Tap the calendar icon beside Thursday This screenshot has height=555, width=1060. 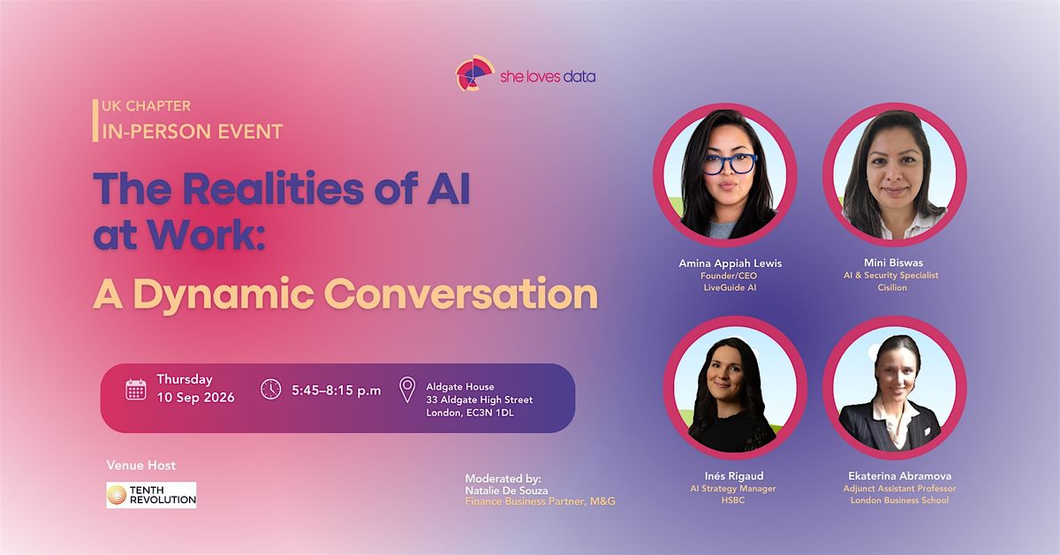click(136, 390)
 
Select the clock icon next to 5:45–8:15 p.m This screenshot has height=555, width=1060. click(270, 389)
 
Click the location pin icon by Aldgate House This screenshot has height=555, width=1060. click(407, 390)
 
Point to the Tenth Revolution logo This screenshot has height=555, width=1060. click(151, 495)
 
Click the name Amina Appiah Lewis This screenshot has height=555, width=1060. click(731, 263)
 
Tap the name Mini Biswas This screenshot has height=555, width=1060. click(893, 262)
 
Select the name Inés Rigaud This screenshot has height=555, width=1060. click(734, 476)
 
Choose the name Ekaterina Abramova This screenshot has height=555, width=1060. click(899, 476)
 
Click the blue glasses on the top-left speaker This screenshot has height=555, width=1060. click(730, 163)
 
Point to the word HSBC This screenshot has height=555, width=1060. click(733, 500)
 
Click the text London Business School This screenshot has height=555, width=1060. click(899, 500)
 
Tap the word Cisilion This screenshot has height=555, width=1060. click(892, 287)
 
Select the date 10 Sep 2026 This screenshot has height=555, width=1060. click(195, 398)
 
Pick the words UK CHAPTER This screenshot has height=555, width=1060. click(147, 106)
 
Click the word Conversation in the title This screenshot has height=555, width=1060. click(461, 293)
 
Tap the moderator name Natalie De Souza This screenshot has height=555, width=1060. click(506, 490)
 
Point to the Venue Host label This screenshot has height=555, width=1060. click(141, 466)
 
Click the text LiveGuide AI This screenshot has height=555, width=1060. click(730, 287)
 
